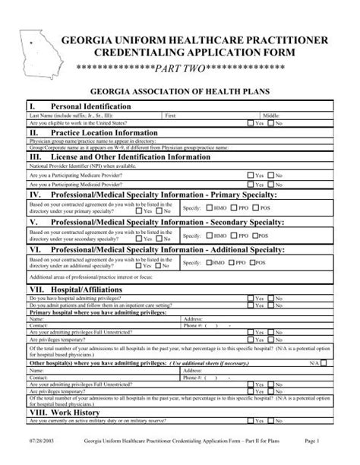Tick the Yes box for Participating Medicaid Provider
[251, 184]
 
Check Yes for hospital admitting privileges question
[251, 298]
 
